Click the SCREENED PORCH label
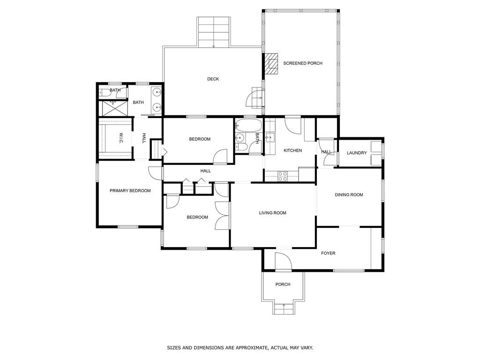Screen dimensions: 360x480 302,63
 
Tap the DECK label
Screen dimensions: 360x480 213,79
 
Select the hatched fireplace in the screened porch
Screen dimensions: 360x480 270,64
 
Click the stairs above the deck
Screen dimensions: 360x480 214,32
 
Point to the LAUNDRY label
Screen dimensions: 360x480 357,153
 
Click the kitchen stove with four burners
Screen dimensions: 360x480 283,176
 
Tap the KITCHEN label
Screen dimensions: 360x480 292,150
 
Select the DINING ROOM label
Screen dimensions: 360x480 349,195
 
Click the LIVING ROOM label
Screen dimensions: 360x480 272,213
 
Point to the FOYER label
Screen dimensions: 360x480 328,254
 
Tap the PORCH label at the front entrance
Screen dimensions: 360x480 283,285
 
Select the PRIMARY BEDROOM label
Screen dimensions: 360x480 130,191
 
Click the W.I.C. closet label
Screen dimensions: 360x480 120,138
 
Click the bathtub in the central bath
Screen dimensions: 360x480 248,126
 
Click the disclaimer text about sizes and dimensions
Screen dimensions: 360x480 240,348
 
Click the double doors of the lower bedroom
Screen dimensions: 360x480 221,216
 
